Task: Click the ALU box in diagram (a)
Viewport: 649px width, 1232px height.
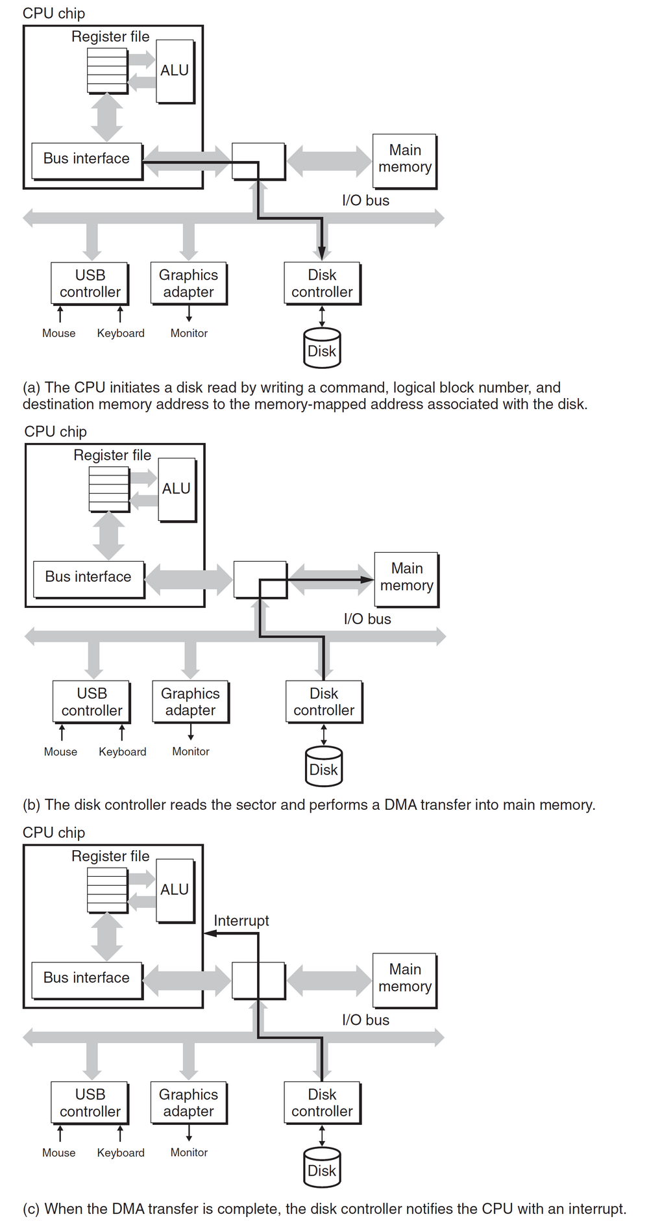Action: pos(175,71)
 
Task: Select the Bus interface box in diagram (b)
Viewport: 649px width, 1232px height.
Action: pos(88,577)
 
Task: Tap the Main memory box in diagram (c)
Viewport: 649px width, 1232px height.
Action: pos(405,979)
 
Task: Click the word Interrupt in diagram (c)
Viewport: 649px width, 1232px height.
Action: pos(241,921)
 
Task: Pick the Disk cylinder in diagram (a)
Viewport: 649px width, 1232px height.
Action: pos(322,348)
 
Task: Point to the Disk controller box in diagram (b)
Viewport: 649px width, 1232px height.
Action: pos(324,702)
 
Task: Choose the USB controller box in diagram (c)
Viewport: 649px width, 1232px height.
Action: pos(90,1103)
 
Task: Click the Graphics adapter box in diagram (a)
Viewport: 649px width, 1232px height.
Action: pos(188,284)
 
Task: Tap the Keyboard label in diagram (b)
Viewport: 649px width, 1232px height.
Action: pos(123,752)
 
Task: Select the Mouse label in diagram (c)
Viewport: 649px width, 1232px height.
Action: pos(59,1153)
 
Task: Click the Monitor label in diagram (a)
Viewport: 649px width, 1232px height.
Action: pos(189,333)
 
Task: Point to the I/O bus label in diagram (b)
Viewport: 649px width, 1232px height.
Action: pos(367,620)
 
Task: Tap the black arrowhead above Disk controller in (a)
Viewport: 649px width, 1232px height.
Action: pos(322,253)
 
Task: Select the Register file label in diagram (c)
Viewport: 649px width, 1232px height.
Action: pos(110,857)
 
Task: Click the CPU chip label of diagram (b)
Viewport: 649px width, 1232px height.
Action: pos(56,432)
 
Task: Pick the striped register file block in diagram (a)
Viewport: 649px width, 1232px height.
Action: pos(108,69)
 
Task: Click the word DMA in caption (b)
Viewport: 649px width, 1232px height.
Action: pos(400,805)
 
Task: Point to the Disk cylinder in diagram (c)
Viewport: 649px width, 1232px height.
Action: pos(322,1168)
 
